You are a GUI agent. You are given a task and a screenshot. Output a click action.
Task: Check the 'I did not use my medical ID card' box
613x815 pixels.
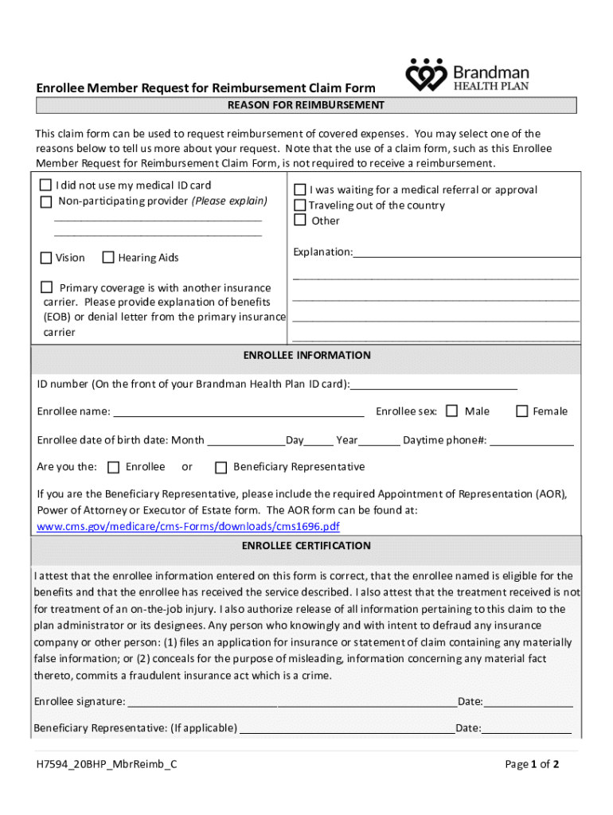[46, 185]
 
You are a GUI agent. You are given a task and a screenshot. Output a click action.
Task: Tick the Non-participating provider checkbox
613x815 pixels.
[46, 201]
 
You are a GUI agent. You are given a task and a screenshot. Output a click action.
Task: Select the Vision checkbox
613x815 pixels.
[46, 257]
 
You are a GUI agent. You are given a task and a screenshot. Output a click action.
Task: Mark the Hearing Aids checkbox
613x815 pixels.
[108, 257]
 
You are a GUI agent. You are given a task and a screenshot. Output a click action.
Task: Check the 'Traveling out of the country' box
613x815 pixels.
[300, 205]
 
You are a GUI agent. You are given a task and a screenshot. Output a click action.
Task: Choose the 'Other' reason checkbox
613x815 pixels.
[300, 220]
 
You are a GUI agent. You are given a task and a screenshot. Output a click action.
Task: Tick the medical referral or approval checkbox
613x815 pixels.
[300, 189]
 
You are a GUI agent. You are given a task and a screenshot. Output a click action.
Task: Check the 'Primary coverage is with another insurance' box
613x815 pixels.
[46, 287]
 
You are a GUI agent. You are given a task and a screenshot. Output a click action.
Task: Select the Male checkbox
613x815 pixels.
[451, 411]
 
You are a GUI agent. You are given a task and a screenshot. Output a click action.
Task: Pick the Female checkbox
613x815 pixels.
[522, 411]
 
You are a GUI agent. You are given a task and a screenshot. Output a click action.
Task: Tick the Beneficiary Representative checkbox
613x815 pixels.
[221, 466]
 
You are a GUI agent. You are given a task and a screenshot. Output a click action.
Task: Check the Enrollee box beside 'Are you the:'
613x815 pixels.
[113, 466]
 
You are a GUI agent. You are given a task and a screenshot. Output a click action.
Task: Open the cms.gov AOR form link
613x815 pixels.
[189, 527]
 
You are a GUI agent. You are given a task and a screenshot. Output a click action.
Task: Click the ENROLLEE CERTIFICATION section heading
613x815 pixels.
[306, 546]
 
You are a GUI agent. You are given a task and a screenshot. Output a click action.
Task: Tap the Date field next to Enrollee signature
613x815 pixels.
[528, 701]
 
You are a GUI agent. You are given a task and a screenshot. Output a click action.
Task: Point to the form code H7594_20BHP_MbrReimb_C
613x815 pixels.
[106, 764]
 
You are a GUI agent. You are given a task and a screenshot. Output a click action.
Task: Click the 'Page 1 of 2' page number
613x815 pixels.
[532, 764]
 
